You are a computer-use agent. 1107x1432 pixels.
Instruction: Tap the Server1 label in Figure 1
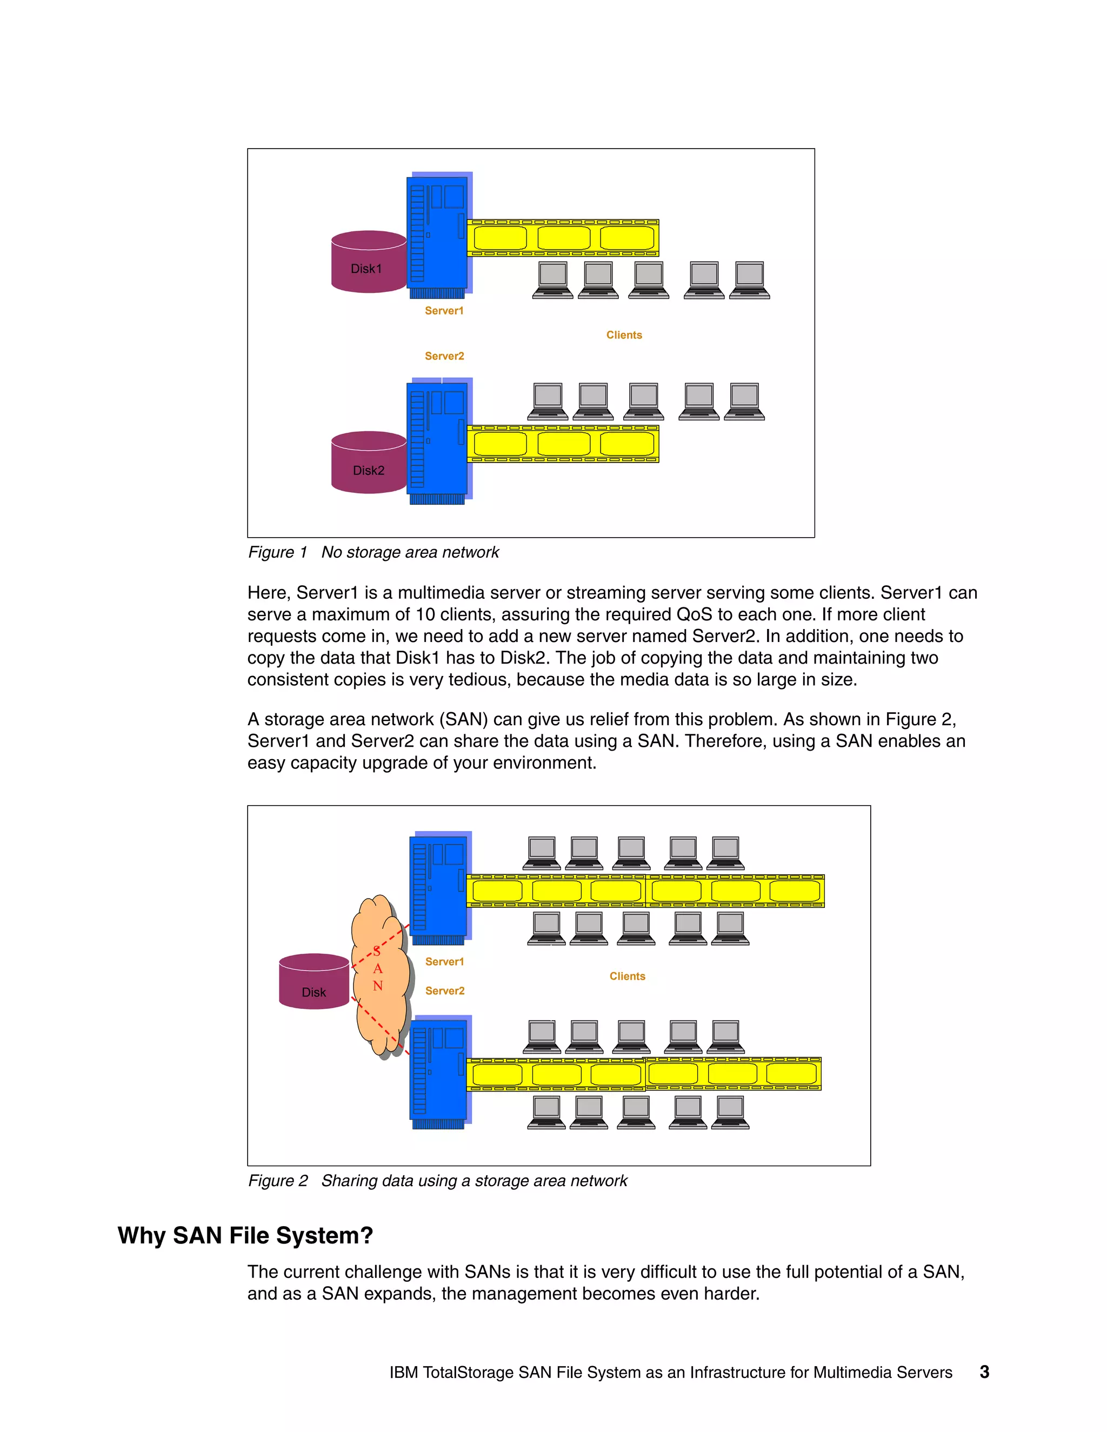click(444, 311)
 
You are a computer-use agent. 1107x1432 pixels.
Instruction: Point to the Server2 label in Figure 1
click(444, 356)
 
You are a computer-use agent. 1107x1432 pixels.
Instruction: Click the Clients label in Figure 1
click(624, 335)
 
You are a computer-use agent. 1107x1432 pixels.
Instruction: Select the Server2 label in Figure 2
click(445, 991)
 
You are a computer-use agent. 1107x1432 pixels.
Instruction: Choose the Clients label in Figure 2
click(627, 976)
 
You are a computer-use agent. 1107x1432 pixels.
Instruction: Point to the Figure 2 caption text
click(437, 1181)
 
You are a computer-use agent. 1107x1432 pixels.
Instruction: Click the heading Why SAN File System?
click(245, 1235)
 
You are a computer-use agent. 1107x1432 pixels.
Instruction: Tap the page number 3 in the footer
click(984, 1373)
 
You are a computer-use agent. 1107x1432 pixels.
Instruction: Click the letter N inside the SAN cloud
click(378, 986)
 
